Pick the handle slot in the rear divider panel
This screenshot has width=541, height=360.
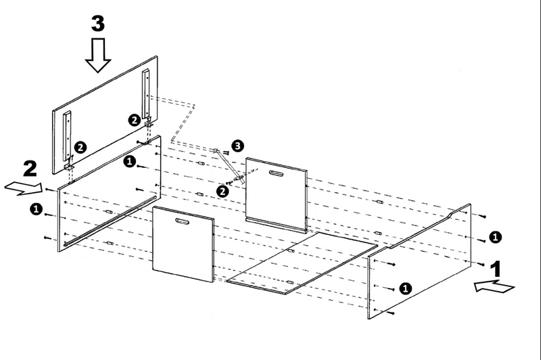click(x=277, y=174)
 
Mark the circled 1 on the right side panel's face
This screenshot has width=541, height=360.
click(x=406, y=288)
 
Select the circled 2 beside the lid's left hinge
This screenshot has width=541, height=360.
click(x=80, y=145)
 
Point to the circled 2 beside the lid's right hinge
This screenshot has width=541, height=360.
click(x=135, y=120)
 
